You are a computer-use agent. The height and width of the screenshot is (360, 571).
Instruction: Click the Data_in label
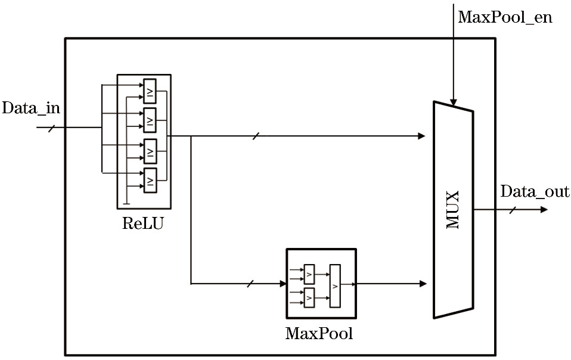[x=32, y=108]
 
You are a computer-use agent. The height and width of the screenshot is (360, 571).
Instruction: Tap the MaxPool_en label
[x=505, y=17]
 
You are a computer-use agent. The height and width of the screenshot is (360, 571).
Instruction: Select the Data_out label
[x=535, y=192]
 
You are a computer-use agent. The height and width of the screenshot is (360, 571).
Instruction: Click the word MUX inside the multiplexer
[x=453, y=210]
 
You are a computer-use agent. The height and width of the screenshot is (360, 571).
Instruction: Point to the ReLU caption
[x=142, y=224]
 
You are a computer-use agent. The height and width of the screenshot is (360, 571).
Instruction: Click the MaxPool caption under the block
[x=319, y=333]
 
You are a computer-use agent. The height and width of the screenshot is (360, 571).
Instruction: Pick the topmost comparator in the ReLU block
[x=150, y=91]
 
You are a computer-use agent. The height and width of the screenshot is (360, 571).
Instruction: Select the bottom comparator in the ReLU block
[x=150, y=181]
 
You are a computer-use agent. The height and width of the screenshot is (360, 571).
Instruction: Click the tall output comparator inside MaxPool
[x=336, y=285]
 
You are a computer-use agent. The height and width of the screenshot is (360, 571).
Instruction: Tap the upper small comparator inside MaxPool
[x=309, y=274]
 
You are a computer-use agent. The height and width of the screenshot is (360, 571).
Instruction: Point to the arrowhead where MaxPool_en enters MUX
[x=454, y=103]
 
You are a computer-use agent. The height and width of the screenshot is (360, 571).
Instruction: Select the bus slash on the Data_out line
[x=513, y=210]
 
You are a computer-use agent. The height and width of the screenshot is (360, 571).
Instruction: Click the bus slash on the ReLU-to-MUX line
[x=255, y=136]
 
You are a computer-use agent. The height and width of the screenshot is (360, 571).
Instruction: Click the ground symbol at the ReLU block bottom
[x=126, y=204]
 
